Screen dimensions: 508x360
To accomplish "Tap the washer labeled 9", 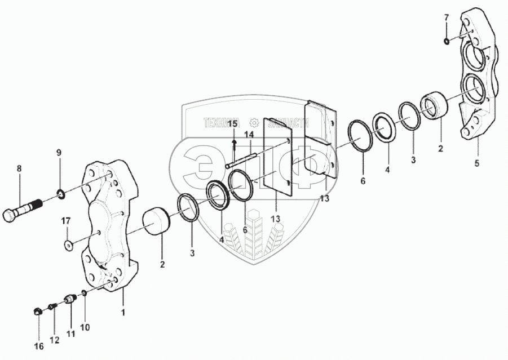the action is pos(60,195).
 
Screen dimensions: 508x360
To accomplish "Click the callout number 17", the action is pos(66,220).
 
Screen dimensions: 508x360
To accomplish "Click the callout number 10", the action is pos(86,327).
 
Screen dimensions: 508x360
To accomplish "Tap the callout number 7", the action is pos(446,18).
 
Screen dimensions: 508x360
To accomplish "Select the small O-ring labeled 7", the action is pos(446,40).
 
